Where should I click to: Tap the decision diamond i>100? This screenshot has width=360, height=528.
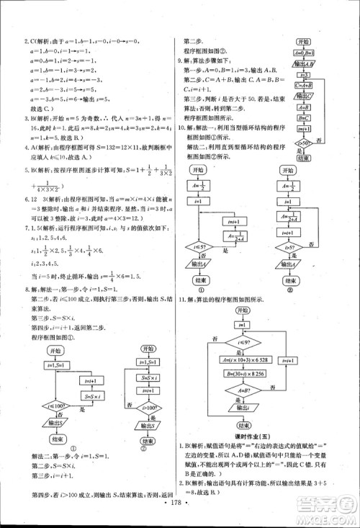tap(147, 416)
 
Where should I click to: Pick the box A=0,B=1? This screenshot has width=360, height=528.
tap(303, 53)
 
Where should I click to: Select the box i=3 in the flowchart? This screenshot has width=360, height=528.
tap(303, 74)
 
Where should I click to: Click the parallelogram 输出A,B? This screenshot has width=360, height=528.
tap(303, 64)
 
